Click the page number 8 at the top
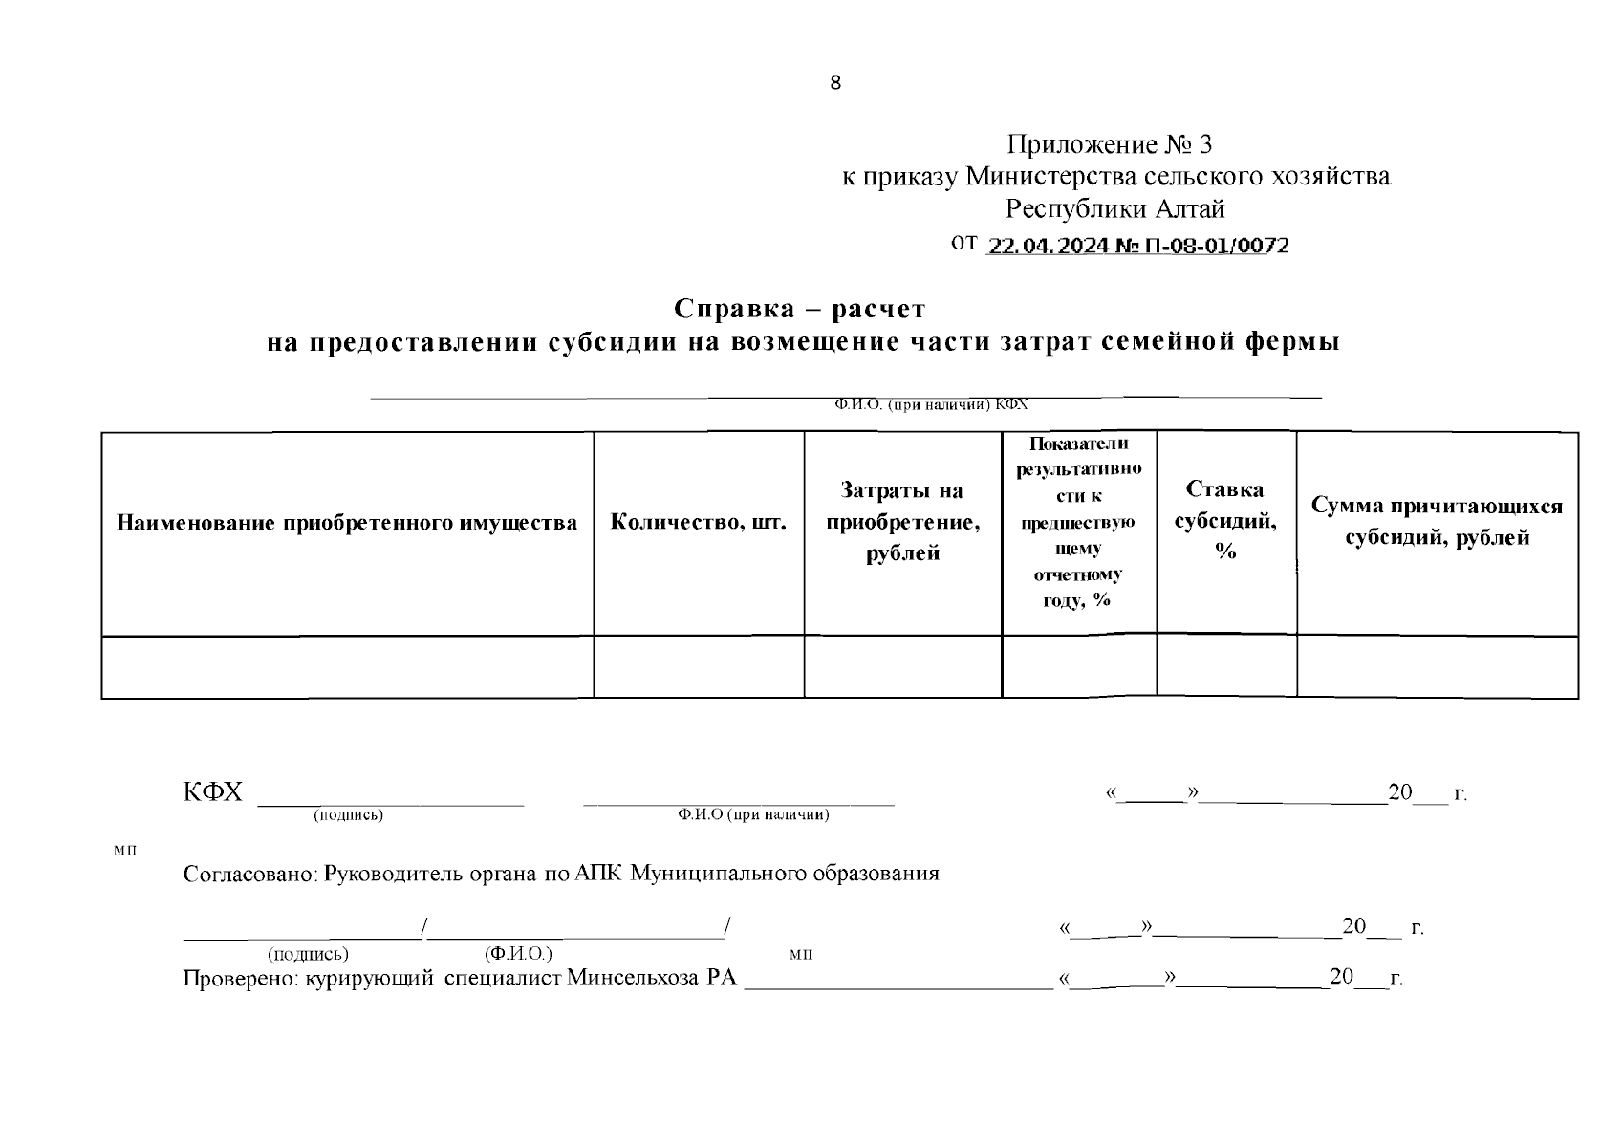pos(835,83)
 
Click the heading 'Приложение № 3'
pos(1110,144)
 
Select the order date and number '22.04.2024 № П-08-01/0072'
pos(1137,246)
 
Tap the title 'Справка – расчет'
pos(799,310)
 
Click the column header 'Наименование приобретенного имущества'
pos(347,523)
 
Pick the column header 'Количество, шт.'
pos(699,523)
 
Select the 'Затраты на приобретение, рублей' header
pos(902,522)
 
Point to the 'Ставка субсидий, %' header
pos(1225,521)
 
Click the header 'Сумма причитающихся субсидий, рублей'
pos(1437,522)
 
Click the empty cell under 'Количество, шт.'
pos(699,667)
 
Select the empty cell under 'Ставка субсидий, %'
pos(1226,666)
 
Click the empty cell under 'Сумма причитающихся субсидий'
pos(1437,667)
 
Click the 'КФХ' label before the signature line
pos(213,792)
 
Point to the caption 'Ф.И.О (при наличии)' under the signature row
pos(753,815)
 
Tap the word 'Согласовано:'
pos(250,874)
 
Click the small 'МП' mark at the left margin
pos(124,851)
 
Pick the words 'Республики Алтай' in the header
pos(1114,208)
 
